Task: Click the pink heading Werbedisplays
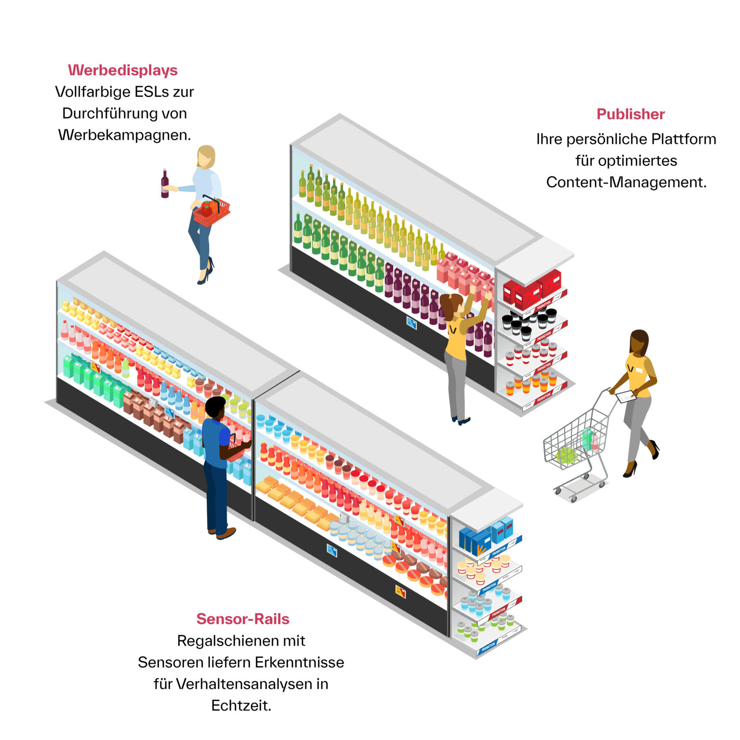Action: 123,70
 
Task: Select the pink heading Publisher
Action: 631,114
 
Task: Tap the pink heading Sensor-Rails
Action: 243,619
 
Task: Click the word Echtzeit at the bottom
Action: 241,706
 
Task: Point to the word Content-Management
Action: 626,183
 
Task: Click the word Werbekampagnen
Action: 124,135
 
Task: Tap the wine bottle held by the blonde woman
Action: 165,184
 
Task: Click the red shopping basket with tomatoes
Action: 211,212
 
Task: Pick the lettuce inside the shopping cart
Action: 567,455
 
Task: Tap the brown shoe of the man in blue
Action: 227,533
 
